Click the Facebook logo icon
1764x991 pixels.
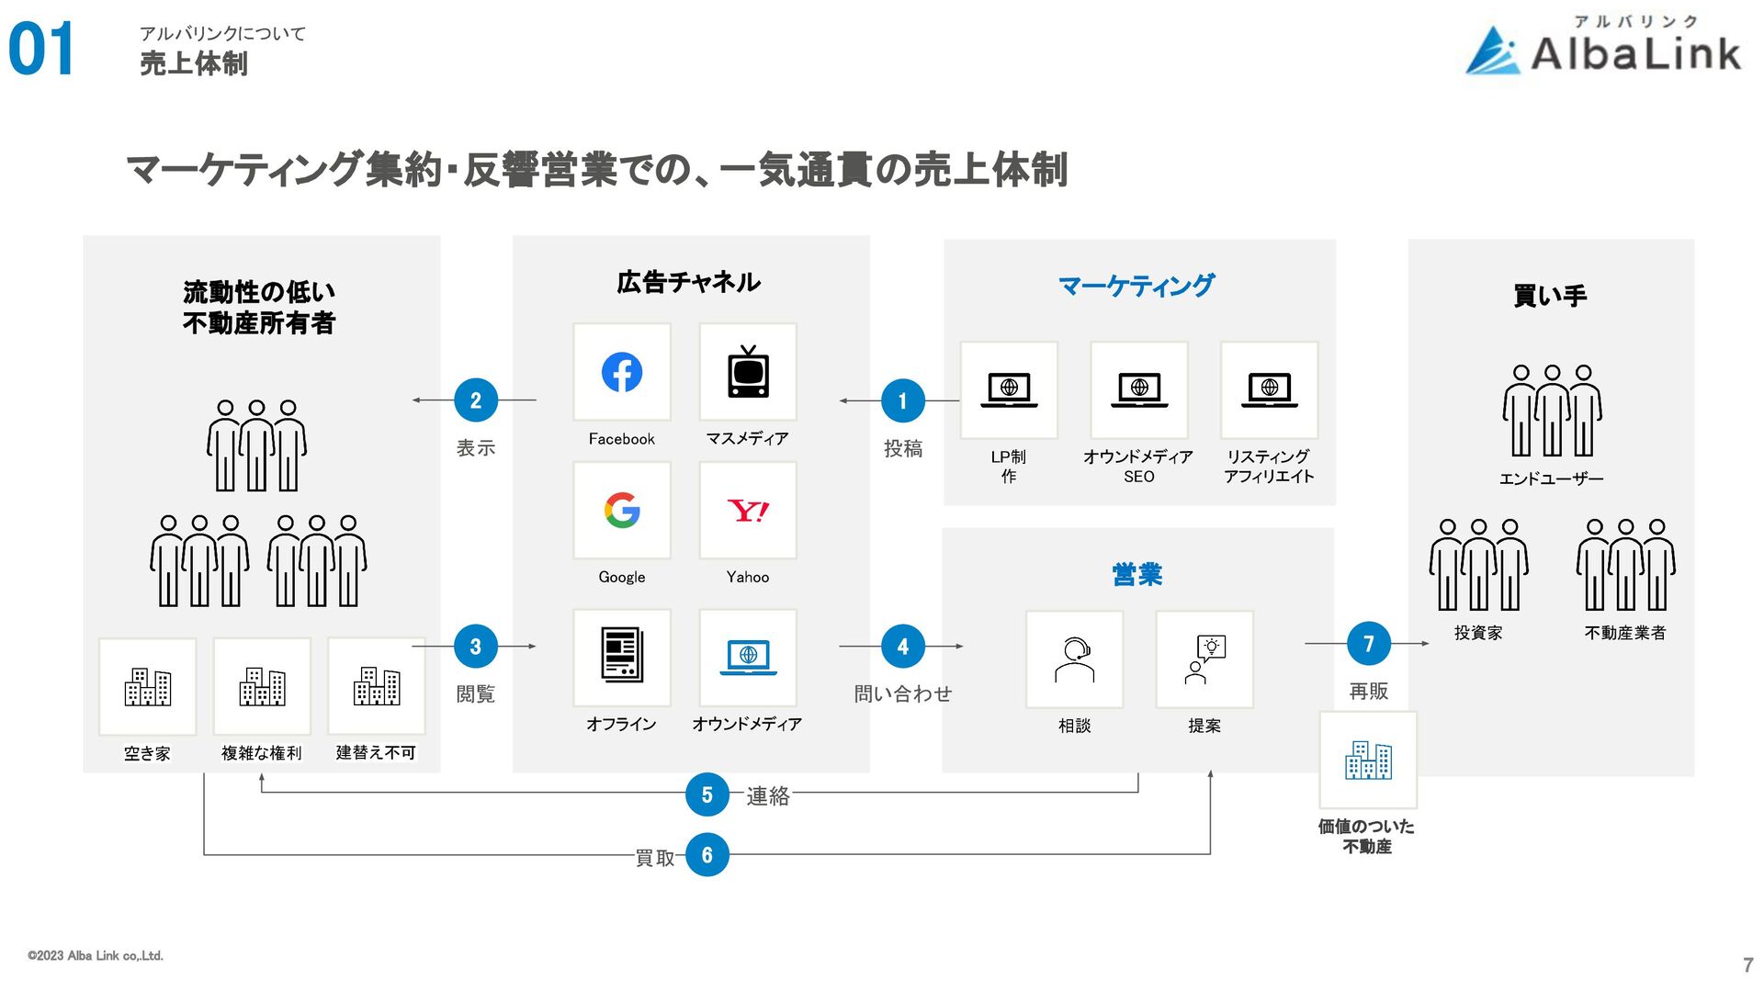(x=622, y=372)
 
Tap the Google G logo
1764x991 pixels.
(x=622, y=511)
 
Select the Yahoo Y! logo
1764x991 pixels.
(x=748, y=511)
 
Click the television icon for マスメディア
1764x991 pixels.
(x=748, y=372)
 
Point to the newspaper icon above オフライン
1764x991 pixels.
(x=622, y=655)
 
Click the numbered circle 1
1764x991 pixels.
(x=902, y=400)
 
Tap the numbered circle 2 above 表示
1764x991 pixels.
(x=476, y=400)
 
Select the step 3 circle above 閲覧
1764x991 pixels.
(x=476, y=647)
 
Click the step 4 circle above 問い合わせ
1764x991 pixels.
(x=902, y=647)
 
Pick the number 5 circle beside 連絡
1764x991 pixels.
(x=707, y=794)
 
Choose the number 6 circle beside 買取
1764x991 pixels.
(x=707, y=855)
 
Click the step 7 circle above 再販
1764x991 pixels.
(x=1368, y=644)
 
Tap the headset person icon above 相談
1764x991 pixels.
(x=1074, y=659)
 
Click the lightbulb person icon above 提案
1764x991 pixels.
(x=1204, y=659)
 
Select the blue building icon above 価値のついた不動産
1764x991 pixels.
(x=1368, y=760)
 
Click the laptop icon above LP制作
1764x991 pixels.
(x=1009, y=389)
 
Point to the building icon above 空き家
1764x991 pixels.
(x=147, y=687)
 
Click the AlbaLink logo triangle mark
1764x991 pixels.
(x=1493, y=51)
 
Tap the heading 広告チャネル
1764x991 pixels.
(x=688, y=282)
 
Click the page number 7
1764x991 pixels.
(x=1747, y=965)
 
